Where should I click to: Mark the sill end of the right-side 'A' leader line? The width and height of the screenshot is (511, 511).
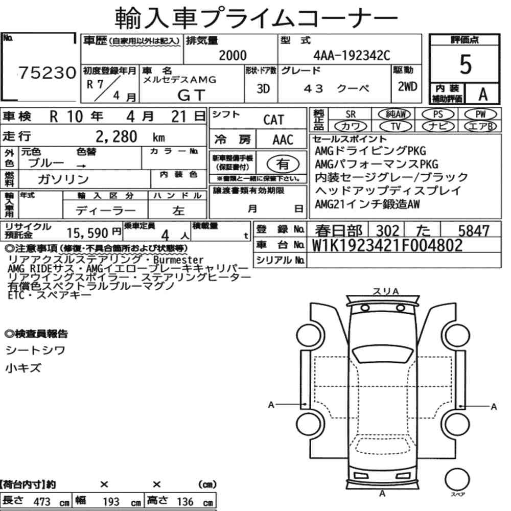[x=460, y=406]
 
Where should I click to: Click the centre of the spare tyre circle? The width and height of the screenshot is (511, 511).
[x=457, y=479]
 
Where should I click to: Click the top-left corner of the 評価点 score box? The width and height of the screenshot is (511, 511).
[x=430, y=34]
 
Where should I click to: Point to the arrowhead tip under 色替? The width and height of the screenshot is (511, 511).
[x=86, y=166]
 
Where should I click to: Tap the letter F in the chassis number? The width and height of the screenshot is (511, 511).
[x=405, y=245]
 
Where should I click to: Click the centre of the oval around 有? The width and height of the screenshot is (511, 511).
[x=283, y=164]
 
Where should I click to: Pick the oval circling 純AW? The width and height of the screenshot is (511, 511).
[x=394, y=114]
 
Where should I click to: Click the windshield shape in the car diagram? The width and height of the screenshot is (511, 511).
[x=383, y=354]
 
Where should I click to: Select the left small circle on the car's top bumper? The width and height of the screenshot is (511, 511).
[x=365, y=308]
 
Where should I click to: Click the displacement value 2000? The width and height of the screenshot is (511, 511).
[x=233, y=55]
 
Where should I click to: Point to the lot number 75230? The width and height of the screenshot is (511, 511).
[x=47, y=73]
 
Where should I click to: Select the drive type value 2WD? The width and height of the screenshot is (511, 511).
[x=407, y=87]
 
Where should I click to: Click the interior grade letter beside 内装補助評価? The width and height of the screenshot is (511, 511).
[x=483, y=95]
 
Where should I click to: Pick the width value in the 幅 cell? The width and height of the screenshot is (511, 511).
[x=111, y=502]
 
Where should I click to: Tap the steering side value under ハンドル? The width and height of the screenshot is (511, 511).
[x=178, y=211]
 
